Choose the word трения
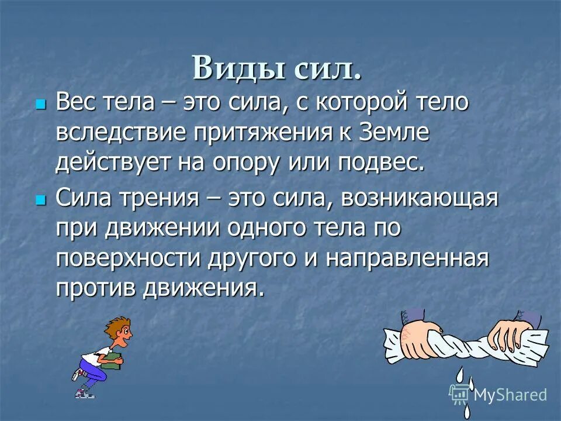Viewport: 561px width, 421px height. coord(156,198)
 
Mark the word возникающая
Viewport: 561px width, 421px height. coord(420,198)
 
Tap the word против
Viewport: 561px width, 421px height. coord(93,288)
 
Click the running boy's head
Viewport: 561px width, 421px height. coord(120,331)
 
